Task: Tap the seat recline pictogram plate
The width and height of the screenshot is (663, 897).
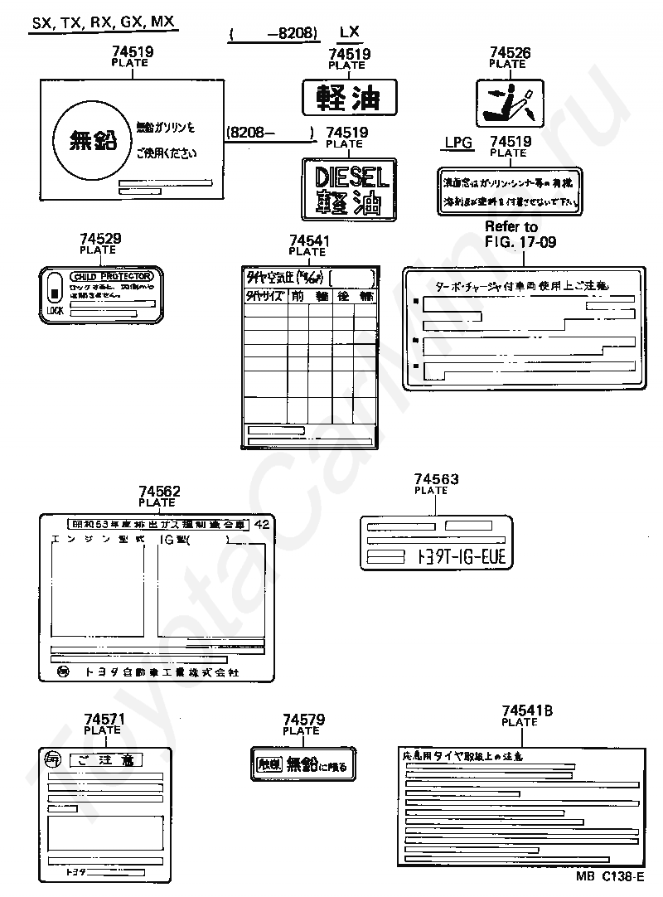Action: click(x=509, y=101)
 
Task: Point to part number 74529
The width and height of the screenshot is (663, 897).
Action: click(x=100, y=239)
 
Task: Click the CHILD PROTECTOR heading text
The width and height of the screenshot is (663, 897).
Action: click(x=112, y=276)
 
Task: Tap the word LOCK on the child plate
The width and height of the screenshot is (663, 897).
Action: click(x=55, y=311)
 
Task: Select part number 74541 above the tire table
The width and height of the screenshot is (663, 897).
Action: click(x=310, y=241)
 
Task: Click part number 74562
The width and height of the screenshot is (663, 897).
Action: click(x=159, y=492)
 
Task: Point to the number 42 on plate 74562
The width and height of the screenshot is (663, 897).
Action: click(x=262, y=524)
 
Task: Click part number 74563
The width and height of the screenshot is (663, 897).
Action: click(x=436, y=480)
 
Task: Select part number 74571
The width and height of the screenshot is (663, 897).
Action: click(x=104, y=720)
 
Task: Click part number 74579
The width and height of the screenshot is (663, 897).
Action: click(x=303, y=720)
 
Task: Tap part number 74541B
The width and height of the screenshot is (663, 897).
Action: click(x=527, y=711)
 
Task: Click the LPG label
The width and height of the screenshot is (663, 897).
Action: click(x=457, y=143)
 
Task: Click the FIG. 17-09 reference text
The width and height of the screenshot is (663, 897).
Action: click(x=520, y=241)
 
